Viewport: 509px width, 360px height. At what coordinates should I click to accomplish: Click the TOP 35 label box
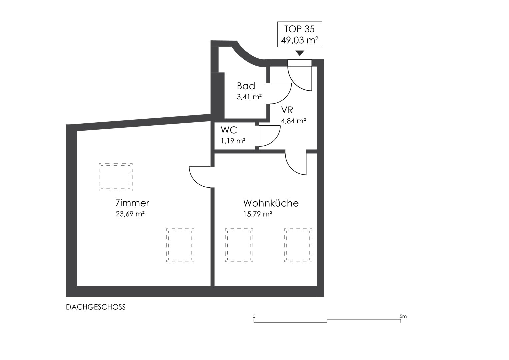click(x=299, y=34)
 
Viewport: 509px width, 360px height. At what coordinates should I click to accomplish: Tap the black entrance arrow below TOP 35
click(x=300, y=53)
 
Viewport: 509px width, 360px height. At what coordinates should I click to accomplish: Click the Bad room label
click(x=246, y=86)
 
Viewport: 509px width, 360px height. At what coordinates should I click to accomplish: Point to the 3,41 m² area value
click(x=249, y=97)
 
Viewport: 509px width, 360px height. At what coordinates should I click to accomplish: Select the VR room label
click(x=287, y=110)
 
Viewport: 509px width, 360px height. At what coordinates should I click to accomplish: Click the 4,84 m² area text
click(x=293, y=121)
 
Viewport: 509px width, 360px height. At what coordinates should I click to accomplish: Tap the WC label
click(x=229, y=130)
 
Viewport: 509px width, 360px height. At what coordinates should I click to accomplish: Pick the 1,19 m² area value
click(x=233, y=141)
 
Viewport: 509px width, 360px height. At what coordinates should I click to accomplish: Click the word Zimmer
click(x=132, y=203)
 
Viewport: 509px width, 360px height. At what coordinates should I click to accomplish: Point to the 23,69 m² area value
click(x=130, y=214)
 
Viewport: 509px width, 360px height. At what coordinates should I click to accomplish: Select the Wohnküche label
click(x=271, y=203)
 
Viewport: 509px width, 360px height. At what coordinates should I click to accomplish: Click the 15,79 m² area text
click(x=258, y=214)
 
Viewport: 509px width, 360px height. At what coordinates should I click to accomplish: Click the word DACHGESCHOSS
click(x=96, y=307)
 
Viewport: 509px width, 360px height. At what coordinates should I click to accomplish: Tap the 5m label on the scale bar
click(x=403, y=316)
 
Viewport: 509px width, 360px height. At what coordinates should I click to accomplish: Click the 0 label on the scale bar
click(x=254, y=316)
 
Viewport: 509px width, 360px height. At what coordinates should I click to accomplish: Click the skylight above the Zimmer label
click(x=116, y=177)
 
